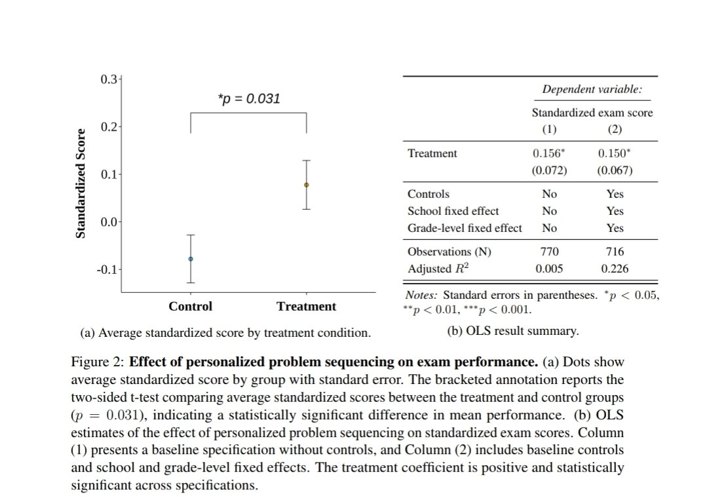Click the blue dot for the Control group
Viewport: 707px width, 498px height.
(191, 259)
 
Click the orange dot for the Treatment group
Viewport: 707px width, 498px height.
(306, 185)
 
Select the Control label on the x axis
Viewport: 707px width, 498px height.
(191, 307)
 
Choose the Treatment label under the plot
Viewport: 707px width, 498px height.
(306, 307)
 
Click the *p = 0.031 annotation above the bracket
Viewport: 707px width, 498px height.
(248, 99)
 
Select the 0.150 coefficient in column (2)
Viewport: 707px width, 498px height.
(615, 153)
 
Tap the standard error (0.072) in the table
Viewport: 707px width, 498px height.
(549, 171)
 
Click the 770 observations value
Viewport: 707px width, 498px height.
(549, 252)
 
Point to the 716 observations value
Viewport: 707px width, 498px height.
(615, 252)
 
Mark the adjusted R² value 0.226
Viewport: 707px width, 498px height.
(615, 269)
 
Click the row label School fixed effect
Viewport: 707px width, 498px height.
(453, 211)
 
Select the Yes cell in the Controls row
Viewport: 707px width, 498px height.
(615, 194)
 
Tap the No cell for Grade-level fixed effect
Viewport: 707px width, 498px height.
(549, 228)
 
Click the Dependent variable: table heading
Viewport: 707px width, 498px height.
(592, 90)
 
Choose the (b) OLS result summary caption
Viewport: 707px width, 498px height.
(513, 331)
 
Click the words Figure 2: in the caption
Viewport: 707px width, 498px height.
(97, 362)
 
